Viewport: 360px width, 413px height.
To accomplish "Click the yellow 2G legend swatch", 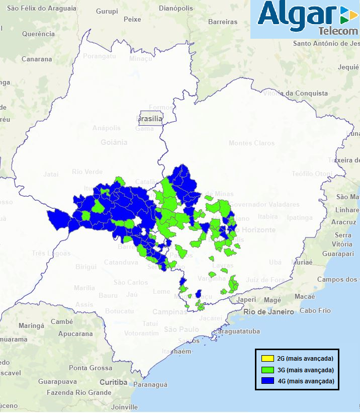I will [267, 359].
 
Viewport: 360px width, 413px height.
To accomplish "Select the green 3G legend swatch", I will [267, 370].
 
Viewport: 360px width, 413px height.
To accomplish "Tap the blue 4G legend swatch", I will [267, 381].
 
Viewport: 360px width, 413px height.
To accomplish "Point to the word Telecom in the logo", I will [338, 31].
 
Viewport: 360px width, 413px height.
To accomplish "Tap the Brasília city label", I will [150, 119].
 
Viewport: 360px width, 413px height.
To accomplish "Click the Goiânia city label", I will [114, 142].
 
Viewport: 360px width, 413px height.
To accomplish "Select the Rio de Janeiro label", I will [268, 312].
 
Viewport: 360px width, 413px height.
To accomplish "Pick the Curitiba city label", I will [113, 382].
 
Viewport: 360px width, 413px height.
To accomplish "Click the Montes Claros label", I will [252, 143].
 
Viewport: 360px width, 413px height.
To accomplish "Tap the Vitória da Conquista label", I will [296, 93].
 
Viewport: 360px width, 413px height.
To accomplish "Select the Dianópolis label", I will [175, 9].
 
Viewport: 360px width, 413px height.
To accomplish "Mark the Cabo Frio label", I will [315, 310].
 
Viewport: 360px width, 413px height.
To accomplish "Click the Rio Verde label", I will [87, 172].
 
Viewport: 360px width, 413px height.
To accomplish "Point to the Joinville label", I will [124, 407].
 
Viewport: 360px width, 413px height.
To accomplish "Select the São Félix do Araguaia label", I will [42, 9].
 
